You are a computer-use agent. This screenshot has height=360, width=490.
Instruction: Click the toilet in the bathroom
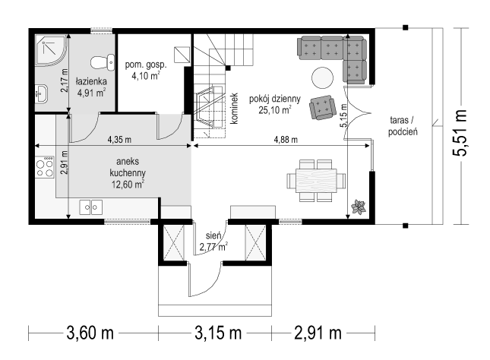[x=103, y=62]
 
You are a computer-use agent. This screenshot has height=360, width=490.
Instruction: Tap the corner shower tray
[x=51, y=50]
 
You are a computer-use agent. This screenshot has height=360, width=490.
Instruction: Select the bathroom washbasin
[x=41, y=93]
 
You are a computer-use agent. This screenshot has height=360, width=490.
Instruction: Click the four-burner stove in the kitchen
[x=44, y=167]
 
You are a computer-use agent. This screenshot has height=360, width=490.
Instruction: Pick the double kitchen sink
[x=90, y=207]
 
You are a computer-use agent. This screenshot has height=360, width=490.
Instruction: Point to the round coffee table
[x=322, y=78]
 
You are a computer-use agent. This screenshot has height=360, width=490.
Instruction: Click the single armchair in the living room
[x=322, y=108]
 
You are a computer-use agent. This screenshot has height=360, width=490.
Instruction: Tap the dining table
[x=316, y=180]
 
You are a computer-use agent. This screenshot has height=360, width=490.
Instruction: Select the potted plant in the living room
[x=359, y=207]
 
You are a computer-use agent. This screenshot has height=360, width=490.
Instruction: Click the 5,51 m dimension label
[x=460, y=132]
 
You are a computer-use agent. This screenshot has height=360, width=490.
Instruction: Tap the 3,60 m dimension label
[x=90, y=333]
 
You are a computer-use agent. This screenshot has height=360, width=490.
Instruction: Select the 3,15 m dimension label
[x=218, y=333]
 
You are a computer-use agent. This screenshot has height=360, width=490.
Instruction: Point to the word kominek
[x=234, y=109]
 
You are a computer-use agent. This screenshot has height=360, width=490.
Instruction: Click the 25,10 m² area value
[x=275, y=110]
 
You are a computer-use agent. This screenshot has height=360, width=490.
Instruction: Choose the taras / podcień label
[x=403, y=126]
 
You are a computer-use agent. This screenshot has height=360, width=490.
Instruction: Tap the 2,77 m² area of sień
[x=213, y=247]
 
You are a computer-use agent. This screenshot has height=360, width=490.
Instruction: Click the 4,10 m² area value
[x=146, y=76]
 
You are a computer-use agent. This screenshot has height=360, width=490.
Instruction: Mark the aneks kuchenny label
[x=128, y=167]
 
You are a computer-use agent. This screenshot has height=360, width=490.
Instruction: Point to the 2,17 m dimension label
[x=65, y=81]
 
